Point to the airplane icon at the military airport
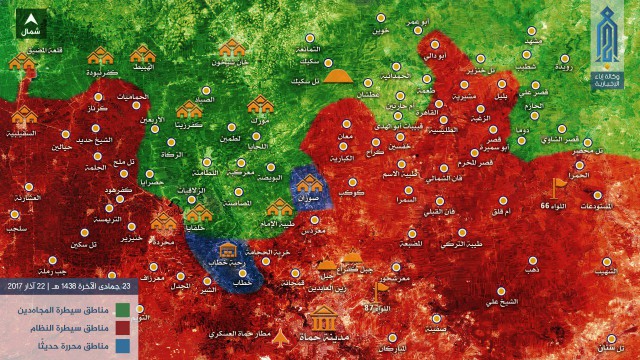coord(280,333)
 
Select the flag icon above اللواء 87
coord(380,292)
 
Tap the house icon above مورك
coord(260,104)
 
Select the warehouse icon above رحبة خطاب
coord(229,248)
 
